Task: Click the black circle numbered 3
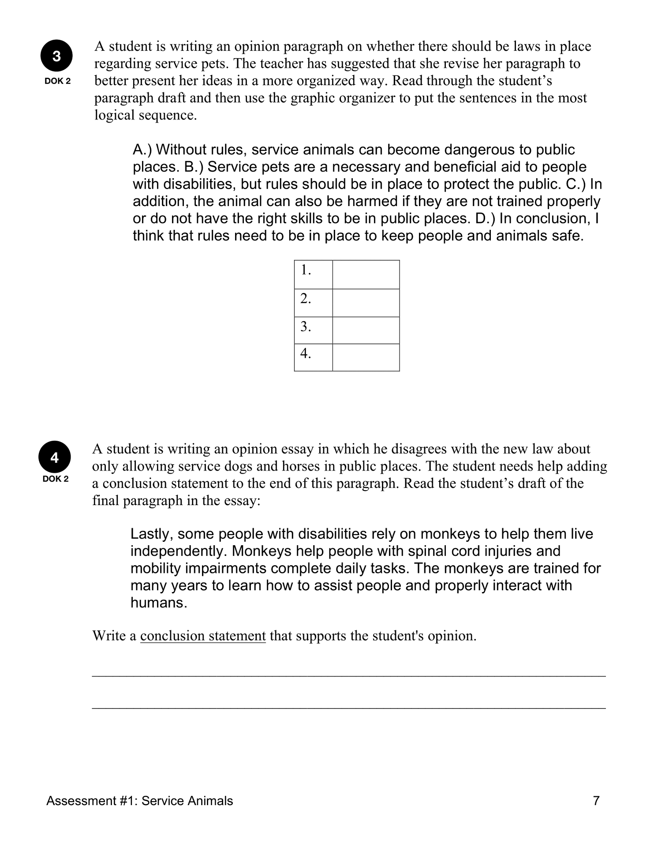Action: tap(57, 56)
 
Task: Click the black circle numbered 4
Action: tap(55, 458)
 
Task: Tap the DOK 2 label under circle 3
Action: tap(57, 82)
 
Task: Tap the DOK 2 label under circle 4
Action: tap(56, 479)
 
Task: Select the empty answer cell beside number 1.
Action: tap(366, 274)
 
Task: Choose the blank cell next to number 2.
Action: tap(366, 303)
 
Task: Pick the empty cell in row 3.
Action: tap(366, 330)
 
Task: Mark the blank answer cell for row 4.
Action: tap(366, 357)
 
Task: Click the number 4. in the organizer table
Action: tap(306, 354)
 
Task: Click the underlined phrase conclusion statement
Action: tap(203, 636)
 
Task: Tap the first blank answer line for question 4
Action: tap(348, 675)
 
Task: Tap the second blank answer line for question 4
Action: tap(348, 708)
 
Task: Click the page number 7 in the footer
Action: tap(596, 801)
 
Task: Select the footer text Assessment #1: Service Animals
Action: tap(140, 801)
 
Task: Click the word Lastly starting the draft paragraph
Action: tap(149, 534)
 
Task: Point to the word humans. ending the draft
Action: tap(159, 603)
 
